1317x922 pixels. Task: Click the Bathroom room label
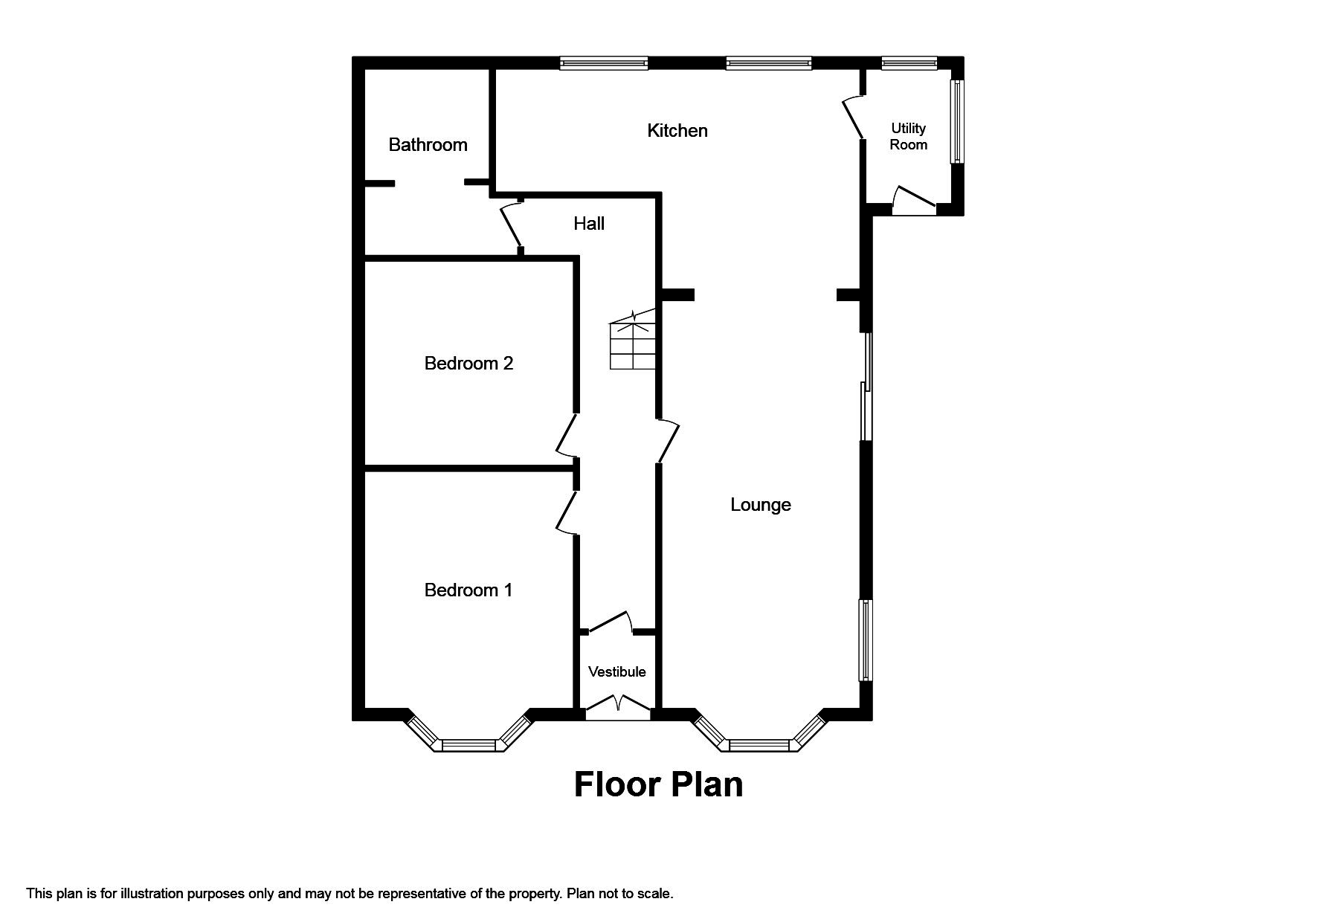[428, 144]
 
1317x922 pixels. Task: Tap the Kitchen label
[677, 131]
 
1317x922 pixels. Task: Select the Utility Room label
[908, 137]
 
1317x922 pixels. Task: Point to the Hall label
[588, 224]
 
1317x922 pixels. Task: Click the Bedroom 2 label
[468, 364]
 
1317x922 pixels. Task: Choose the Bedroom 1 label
[468, 590]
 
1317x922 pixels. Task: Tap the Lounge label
[760, 505]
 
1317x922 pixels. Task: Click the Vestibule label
[616, 672]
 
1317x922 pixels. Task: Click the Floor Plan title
[658, 784]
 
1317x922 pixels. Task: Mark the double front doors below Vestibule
[618, 704]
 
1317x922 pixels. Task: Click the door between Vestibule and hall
[608, 622]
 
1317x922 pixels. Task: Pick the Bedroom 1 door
[567, 512]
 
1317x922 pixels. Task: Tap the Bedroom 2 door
[567, 435]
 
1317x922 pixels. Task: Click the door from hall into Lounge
[668, 440]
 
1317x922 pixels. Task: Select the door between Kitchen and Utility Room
[853, 117]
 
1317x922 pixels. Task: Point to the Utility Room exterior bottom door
[914, 201]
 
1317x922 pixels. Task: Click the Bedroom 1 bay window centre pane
[469, 744]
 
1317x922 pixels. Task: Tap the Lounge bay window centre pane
[759, 744]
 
